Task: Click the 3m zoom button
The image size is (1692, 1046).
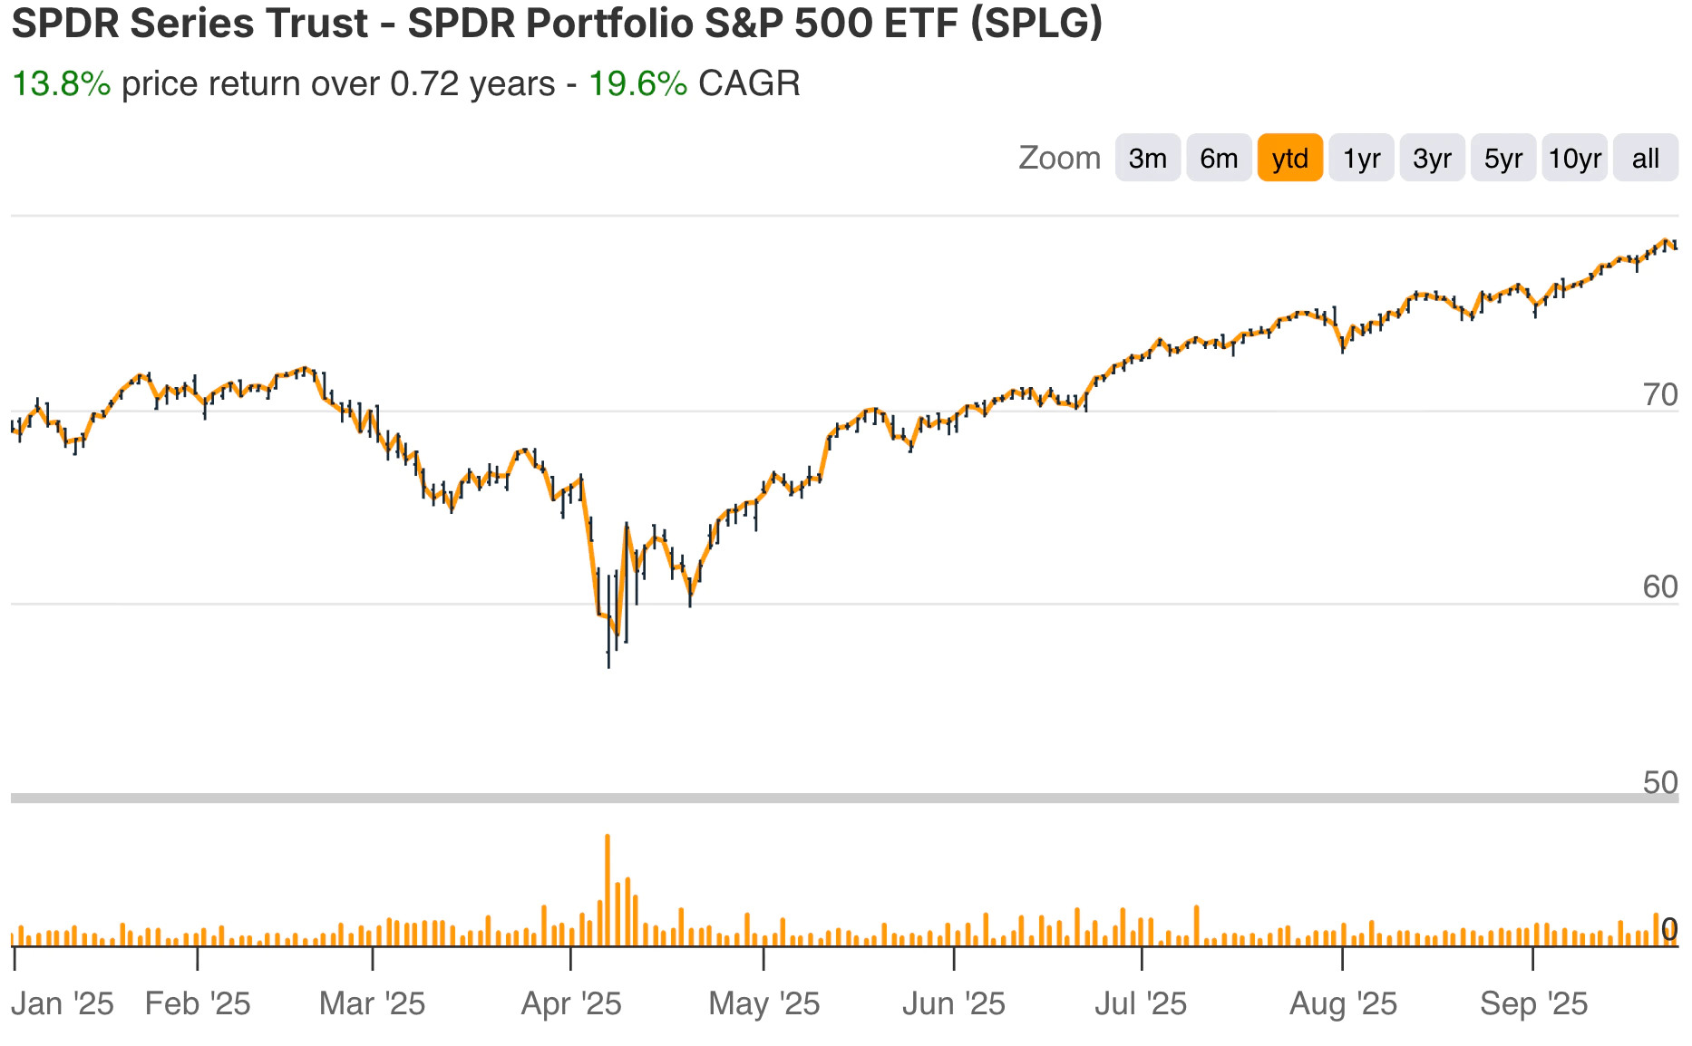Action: pyautogui.click(x=1147, y=159)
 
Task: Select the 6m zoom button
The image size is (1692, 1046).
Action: pyautogui.click(x=1219, y=159)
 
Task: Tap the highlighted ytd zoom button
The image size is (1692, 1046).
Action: pyautogui.click(x=1289, y=159)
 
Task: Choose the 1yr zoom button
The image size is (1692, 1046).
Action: pyautogui.click(x=1361, y=159)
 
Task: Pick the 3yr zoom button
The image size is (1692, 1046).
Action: pyautogui.click(x=1432, y=159)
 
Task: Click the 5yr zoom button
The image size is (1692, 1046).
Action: pyautogui.click(x=1502, y=159)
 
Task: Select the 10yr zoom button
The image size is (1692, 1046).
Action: pyautogui.click(x=1574, y=159)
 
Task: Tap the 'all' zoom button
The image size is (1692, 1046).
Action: pyautogui.click(x=1645, y=159)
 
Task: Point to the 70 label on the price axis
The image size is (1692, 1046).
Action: pyautogui.click(x=1659, y=396)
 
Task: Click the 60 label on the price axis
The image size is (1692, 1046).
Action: pyautogui.click(x=1659, y=588)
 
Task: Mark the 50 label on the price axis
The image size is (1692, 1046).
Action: pyautogui.click(x=1659, y=782)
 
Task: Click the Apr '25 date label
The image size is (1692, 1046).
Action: pyautogui.click(x=571, y=1004)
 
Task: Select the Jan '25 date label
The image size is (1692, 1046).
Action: pyautogui.click(x=63, y=1004)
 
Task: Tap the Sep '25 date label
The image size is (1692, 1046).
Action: pyautogui.click(x=1533, y=1004)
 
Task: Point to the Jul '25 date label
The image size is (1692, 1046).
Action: pyautogui.click(x=1141, y=1004)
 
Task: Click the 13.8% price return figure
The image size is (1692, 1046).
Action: pyautogui.click(x=61, y=84)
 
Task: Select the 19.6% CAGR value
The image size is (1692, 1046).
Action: pyautogui.click(x=637, y=84)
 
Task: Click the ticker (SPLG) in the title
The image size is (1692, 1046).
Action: pyautogui.click(x=1036, y=23)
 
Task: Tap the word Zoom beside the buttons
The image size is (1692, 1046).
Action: pyautogui.click(x=1059, y=159)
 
